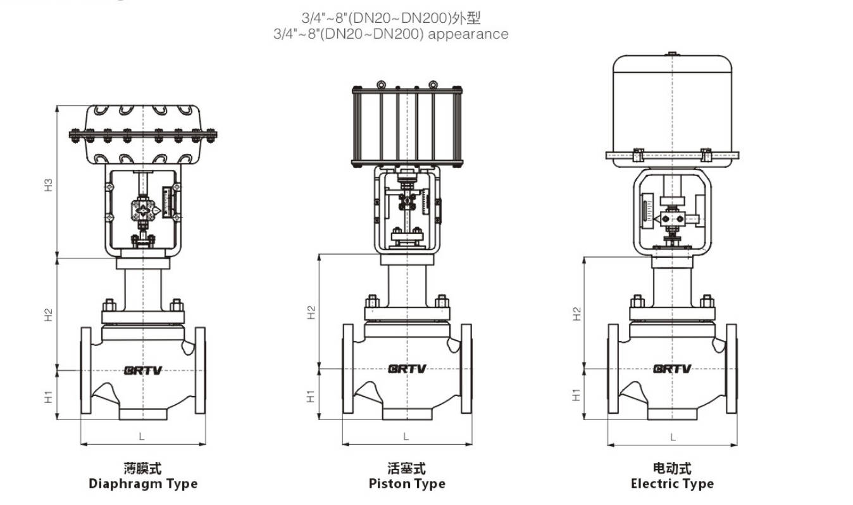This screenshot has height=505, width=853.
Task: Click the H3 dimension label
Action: click(48, 184)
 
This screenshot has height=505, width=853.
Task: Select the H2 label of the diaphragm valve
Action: click(48, 314)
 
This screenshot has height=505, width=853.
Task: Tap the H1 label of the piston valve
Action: click(311, 396)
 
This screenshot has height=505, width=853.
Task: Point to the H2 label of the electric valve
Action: click(576, 314)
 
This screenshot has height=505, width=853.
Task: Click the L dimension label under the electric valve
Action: click(673, 437)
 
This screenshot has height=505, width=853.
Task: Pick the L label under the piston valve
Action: click(406, 437)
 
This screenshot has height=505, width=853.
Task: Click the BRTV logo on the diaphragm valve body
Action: click(143, 370)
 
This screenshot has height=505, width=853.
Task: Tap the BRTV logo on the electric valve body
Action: click(672, 369)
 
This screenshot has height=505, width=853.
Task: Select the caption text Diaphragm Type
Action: click(143, 484)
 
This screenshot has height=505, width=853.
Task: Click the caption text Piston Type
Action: click(407, 484)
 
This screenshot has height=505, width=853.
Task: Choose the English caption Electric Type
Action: click(672, 484)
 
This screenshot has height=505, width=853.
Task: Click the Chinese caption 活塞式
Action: click(407, 468)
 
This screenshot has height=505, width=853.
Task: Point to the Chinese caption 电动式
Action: click(672, 468)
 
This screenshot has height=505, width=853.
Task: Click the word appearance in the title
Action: click(468, 34)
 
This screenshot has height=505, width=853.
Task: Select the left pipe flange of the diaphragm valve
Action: click(85, 370)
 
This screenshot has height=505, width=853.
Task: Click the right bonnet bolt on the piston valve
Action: click(442, 302)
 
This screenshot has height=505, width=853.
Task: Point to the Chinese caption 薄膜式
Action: click(143, 468)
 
